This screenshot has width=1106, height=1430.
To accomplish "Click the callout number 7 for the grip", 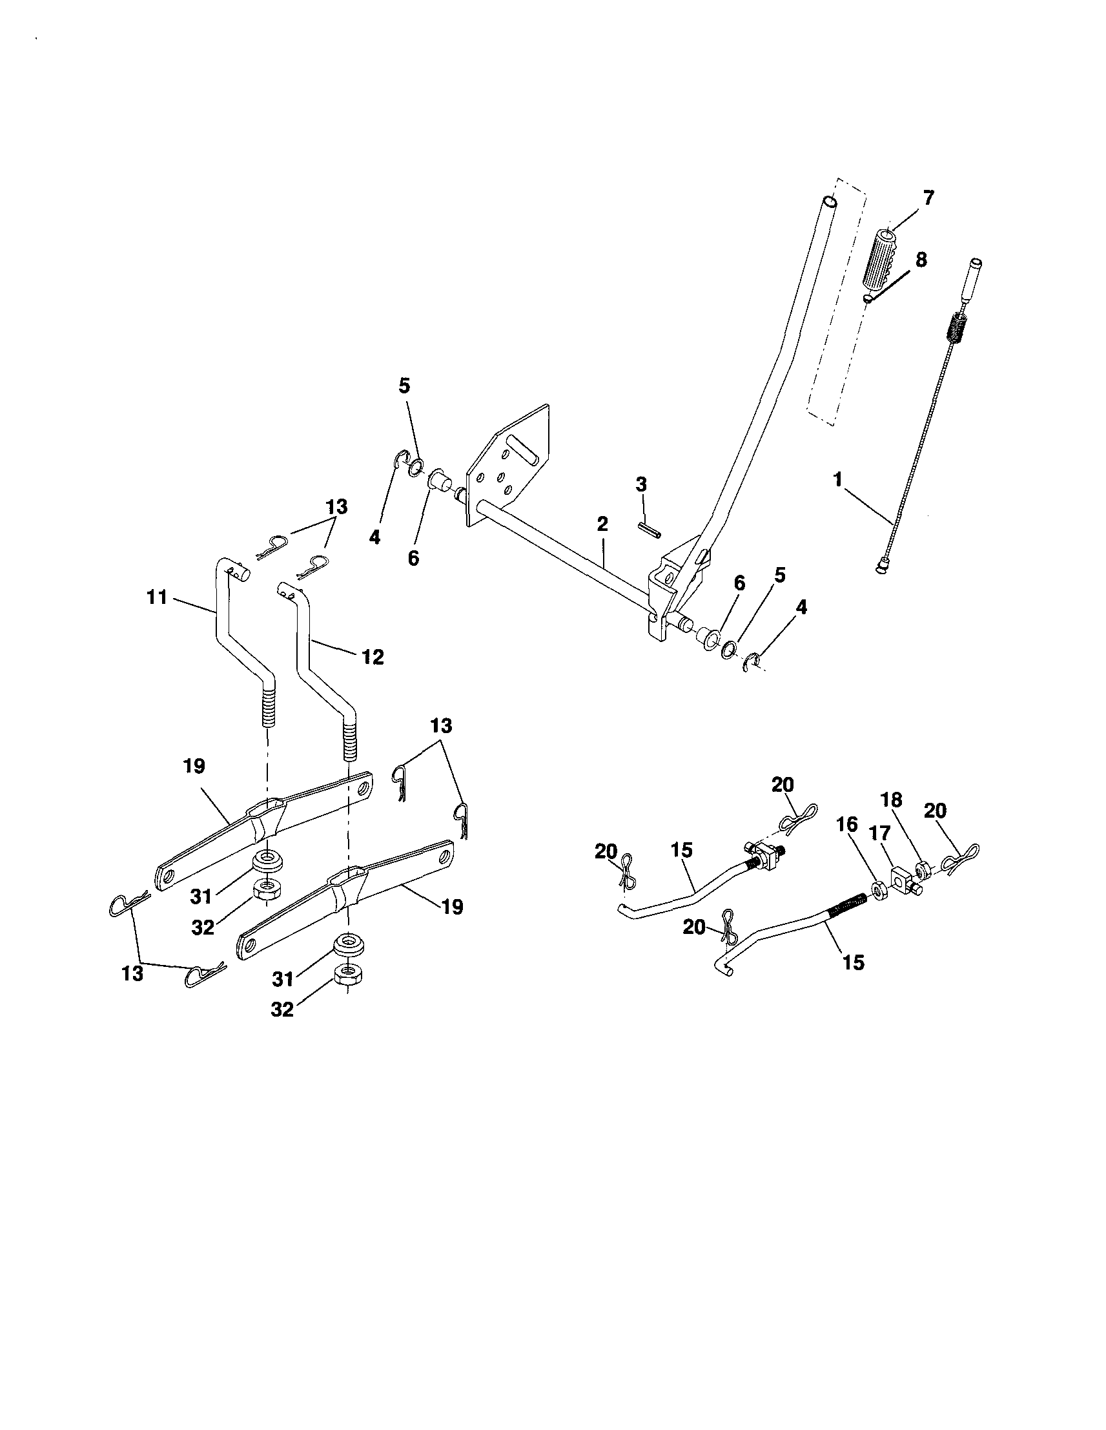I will [928, 197].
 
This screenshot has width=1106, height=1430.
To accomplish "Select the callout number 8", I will [921, 259].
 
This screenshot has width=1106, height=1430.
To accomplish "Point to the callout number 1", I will [837, 479].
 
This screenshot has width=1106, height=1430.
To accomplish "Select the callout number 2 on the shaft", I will [602, 523].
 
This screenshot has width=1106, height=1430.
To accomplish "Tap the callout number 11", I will [157, 597].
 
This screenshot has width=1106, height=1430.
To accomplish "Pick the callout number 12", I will [373, 657].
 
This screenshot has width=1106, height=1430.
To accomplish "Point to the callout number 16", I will [847, 824].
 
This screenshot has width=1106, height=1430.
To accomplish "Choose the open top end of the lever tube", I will [829, 201].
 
